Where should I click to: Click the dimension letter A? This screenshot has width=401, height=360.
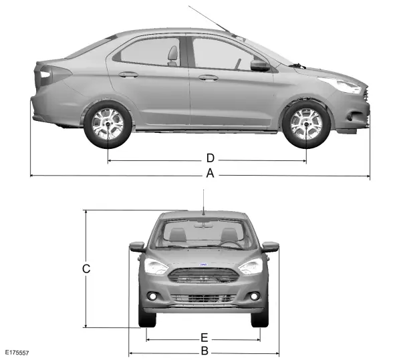pyautogui.click(x=210, y=173)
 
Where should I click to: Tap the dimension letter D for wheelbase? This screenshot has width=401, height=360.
pyautogui.click(x=211, y=158)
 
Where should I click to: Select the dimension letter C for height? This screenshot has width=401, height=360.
pyautogui.click(x=86, y=268)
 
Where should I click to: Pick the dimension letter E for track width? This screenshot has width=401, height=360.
pyautogui.click(x=204, y=337)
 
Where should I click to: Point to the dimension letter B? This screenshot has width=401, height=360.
pyautogui.click(x=205, y=351)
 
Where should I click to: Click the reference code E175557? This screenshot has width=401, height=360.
pyautogui.click(x=17, y=353)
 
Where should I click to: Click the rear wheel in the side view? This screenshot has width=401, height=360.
pyautogui.click(x=108, y=124)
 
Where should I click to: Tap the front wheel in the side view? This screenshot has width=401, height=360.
pyautogui.click(x=306, y=124)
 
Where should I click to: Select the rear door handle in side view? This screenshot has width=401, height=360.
pyautogui.click(x=128, y=75)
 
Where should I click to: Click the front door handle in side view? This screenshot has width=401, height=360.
pyautogui.click(x=209, y=77)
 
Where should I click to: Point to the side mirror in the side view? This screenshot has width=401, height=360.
pyautogui.click(x=260, y=65)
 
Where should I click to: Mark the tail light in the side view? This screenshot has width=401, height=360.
pyautogui.click(x=53, y=75)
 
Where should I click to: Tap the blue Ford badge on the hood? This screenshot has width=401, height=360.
pyautogui.click(x=203, y=265)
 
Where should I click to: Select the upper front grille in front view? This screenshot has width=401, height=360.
pyautogui.click(x=203, y=275)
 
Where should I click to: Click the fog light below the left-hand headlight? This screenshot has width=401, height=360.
pyautogui.click(x=153, y=297)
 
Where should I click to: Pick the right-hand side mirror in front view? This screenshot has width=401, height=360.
pyautogui.click(x=270, y=246)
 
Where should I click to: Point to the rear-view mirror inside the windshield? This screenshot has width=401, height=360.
pyautogui.click(x=203, y=225)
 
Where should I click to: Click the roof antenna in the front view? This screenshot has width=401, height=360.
pyautogui.click(x=204, y=202)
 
